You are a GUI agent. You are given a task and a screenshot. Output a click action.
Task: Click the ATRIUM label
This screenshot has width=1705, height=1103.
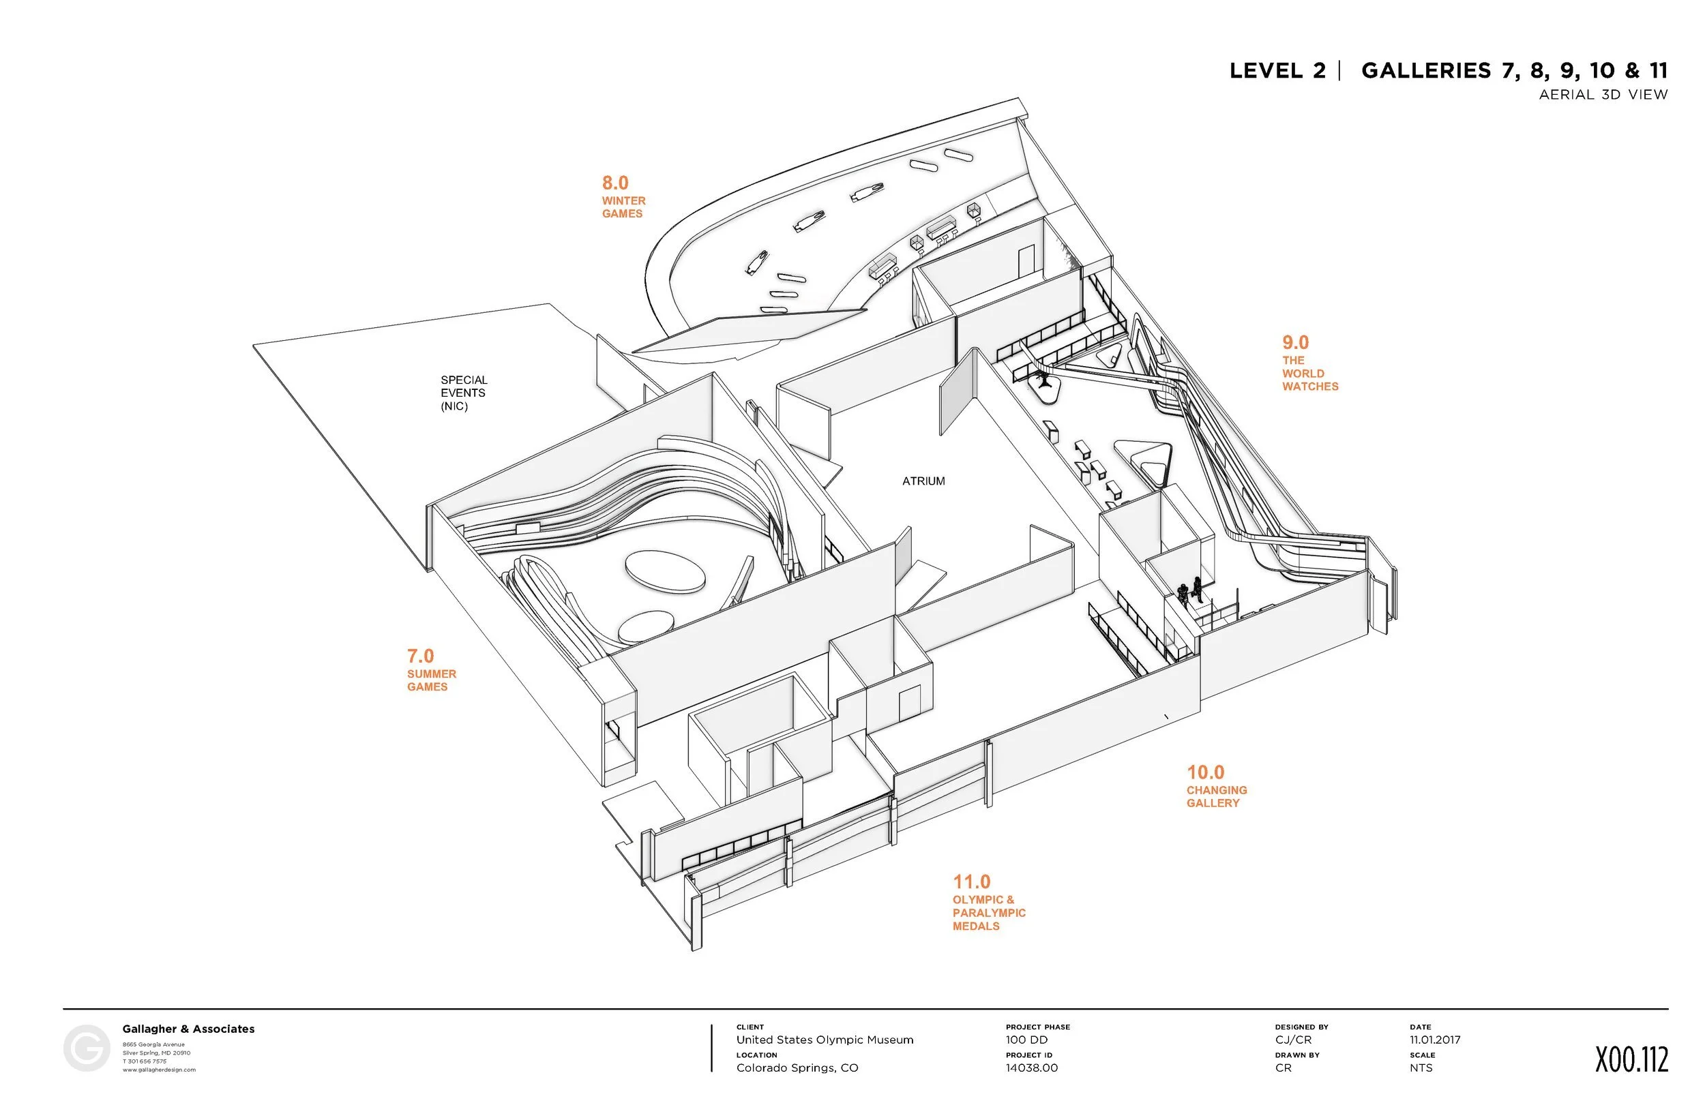[923, 481]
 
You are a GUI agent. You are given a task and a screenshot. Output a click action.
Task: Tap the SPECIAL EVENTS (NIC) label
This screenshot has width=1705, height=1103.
[463, 393]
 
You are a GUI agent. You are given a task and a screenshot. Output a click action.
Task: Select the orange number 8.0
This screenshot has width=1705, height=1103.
[614, 183]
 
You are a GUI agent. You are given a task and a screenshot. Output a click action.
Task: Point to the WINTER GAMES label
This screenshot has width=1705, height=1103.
[623, 207]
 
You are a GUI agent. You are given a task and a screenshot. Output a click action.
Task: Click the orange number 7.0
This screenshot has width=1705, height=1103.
[421, 656]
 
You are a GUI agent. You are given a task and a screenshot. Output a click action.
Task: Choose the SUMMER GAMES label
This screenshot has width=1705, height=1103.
[431, 680]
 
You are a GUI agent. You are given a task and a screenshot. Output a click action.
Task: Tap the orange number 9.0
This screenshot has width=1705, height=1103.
[1295, 342]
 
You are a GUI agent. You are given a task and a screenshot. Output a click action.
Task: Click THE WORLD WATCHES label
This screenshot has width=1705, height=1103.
[1309, 373]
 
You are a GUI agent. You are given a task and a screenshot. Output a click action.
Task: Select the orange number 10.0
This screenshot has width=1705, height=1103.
[1206, 772]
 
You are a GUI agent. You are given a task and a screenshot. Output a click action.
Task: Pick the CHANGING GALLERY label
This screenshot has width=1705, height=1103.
[1217, 796]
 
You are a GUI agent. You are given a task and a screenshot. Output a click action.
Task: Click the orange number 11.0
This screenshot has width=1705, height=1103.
[971, 881]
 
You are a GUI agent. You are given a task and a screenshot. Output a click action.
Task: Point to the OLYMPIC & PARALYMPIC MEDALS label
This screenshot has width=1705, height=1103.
[989, 913]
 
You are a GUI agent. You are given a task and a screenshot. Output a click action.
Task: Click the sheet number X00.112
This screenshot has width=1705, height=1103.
[1631, 1060]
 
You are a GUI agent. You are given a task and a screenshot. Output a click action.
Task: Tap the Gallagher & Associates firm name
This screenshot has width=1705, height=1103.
[188, 1029]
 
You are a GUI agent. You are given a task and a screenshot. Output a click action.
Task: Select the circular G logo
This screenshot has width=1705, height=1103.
[87, 1048]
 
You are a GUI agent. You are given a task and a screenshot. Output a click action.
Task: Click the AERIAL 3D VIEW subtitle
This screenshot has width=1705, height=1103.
[1603, 95]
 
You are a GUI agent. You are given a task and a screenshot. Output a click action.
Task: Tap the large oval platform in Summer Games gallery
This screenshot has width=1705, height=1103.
[665, 571]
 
